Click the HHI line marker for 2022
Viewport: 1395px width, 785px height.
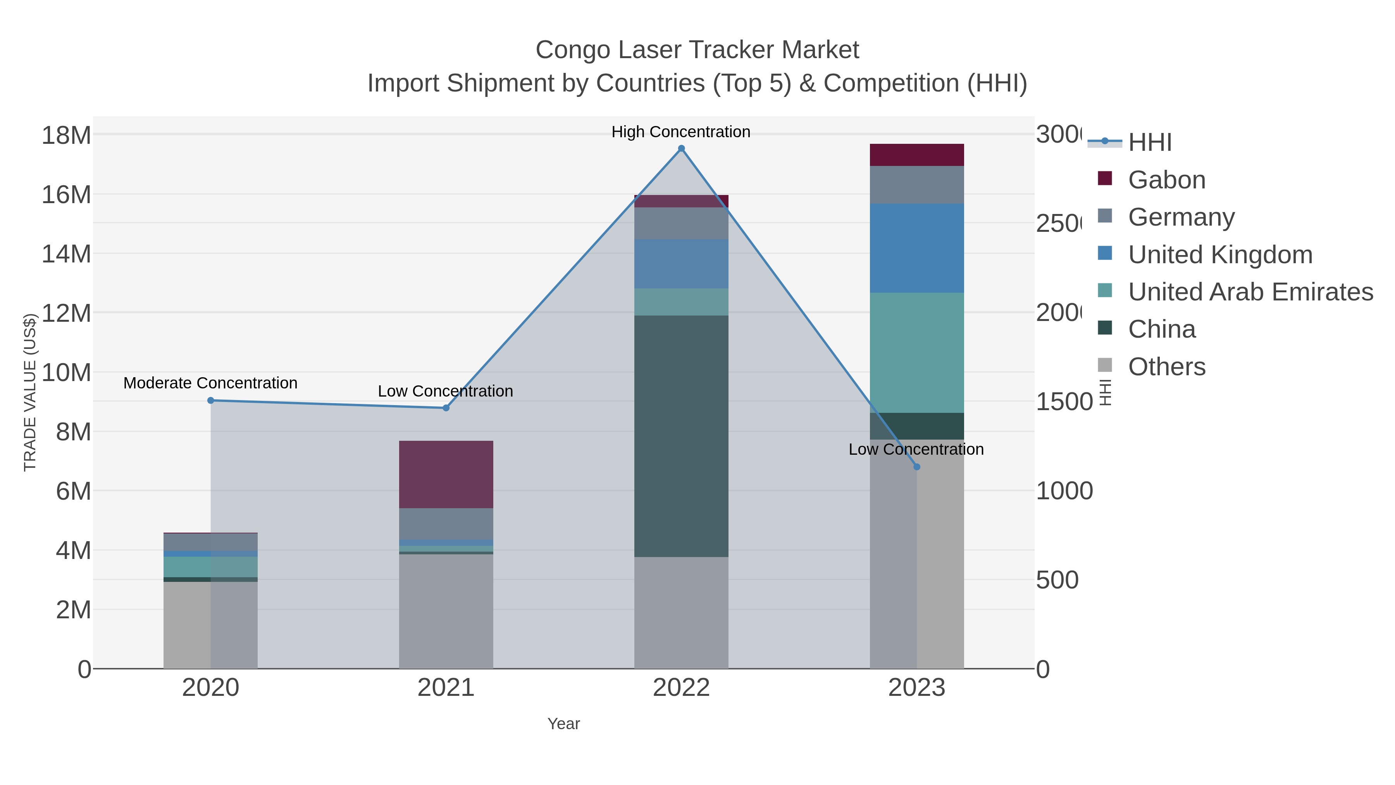681,148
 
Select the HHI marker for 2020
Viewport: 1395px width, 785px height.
211,400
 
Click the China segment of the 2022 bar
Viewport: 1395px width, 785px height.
681,436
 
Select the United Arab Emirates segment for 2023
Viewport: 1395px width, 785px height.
917,353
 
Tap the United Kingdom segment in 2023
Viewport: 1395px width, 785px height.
917,248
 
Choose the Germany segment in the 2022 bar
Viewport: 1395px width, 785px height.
681,223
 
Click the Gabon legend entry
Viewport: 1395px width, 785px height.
1166,180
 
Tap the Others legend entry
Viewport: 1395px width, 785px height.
1166,367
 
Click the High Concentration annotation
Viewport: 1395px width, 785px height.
681,132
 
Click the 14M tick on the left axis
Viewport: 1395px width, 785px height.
66,254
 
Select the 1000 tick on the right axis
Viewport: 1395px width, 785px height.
1064,491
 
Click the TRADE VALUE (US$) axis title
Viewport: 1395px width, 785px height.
30,392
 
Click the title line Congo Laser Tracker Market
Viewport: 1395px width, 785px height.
697,50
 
